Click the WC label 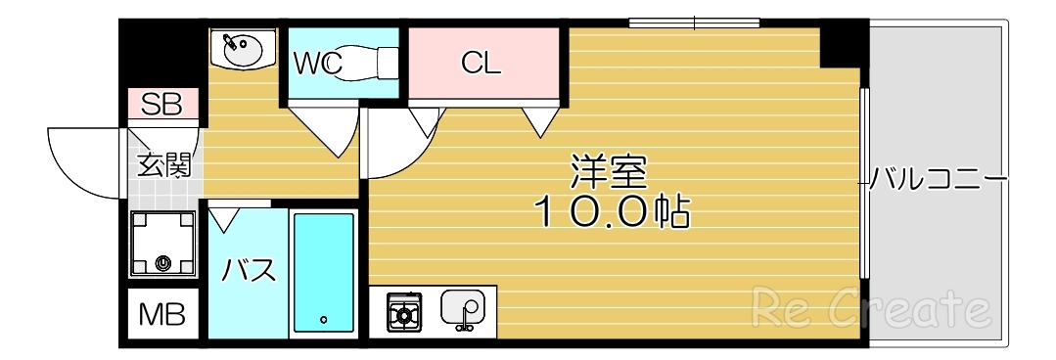click(318, 65)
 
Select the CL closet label click(481, 65)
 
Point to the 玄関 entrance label click(162, 162)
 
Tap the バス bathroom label click(248, 271)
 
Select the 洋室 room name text click(609, 174)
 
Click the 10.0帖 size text click(611, 212)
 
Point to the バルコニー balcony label click(938, 180)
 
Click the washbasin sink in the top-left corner click(241, 48)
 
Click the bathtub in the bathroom click(323, 274)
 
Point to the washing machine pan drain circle click(162, 262)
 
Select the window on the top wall click(694, 22)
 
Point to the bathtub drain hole click(323, 320)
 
